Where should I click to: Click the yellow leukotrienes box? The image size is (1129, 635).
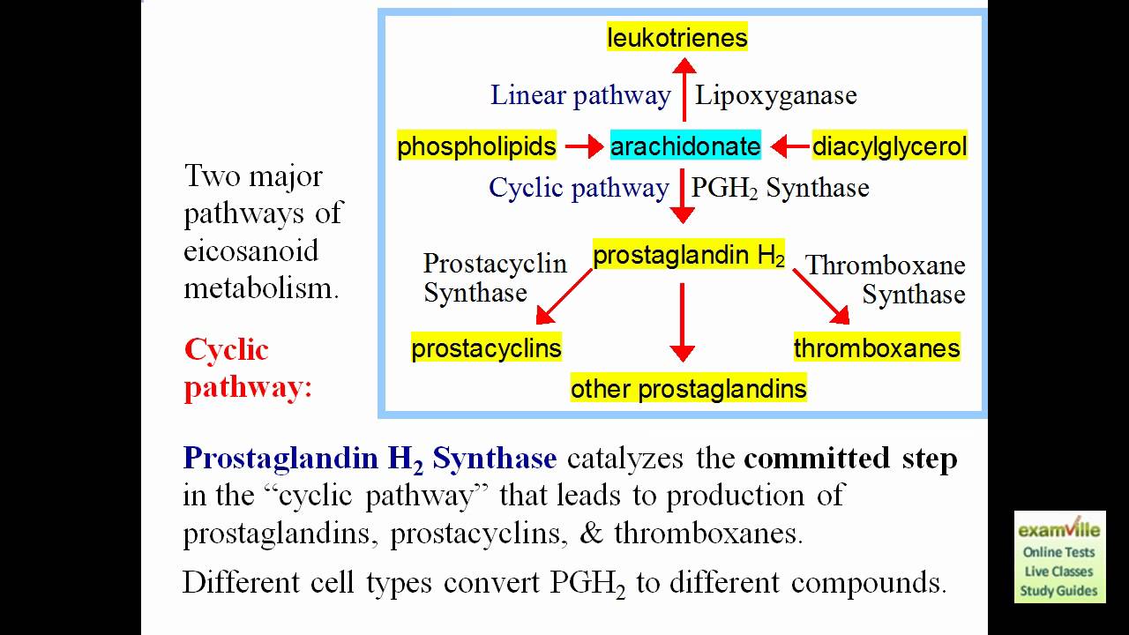(x=677, y=37)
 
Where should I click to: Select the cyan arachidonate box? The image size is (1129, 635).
(x=685, y=146)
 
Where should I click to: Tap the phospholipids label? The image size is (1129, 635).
(x=476, y=146)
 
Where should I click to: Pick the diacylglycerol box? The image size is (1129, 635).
(x=889, y=146)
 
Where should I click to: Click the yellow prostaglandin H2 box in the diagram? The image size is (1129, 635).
(x=689, y=256)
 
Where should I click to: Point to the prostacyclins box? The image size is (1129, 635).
(x=486, y=347)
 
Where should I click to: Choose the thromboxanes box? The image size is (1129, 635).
(x=877, y=347)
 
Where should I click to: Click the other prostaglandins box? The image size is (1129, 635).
(x=688, y=388)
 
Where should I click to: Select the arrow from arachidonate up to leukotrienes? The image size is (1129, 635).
(x=684, y=88)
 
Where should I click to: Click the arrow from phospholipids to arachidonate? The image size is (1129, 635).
(x=583, y=146)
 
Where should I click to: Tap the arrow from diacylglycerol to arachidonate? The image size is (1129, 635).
(x=789, y=146)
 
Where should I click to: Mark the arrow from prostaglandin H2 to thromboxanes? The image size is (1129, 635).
(x=820, y=296)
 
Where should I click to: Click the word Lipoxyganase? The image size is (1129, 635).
(x=775, y=95)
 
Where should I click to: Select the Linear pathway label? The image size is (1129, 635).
(x=580, y=95)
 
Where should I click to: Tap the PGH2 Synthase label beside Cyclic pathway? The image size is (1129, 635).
(x=780, y=188)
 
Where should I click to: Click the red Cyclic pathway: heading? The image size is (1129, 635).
(x=247, y=369)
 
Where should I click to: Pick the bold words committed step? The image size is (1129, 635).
(x=850, y=459)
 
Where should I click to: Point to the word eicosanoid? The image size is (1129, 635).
(x=250, y=250)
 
